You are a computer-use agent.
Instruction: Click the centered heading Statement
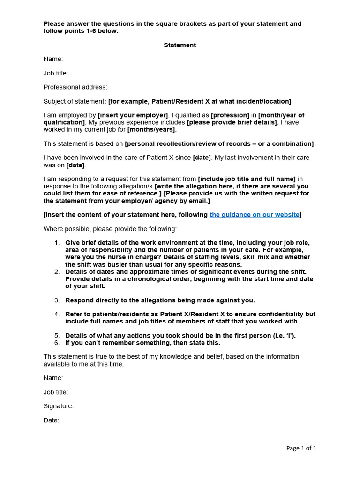[180, 45]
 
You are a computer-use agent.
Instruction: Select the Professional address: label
[75, 87]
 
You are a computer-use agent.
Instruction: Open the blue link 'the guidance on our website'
[254, 215]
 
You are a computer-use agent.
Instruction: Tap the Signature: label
[59, 406]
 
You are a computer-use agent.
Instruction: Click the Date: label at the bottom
[52, 420]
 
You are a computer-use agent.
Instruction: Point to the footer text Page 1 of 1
[301, 448]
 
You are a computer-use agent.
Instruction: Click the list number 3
[57, 300]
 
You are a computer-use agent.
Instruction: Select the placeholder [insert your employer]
[133, 115]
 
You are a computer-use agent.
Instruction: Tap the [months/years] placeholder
[151, 129]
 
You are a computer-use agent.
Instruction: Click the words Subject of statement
[74, 101]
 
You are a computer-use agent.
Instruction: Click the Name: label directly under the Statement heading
[53, 59]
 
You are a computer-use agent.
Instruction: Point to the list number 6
[57, 343]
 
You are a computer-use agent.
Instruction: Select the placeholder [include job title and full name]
[247, 179]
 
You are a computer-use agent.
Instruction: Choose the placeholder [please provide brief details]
[232, 122]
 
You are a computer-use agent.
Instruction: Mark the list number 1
[57, 243]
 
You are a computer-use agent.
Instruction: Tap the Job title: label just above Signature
[56, 392]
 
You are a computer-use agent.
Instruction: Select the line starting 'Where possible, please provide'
[110, 229]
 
